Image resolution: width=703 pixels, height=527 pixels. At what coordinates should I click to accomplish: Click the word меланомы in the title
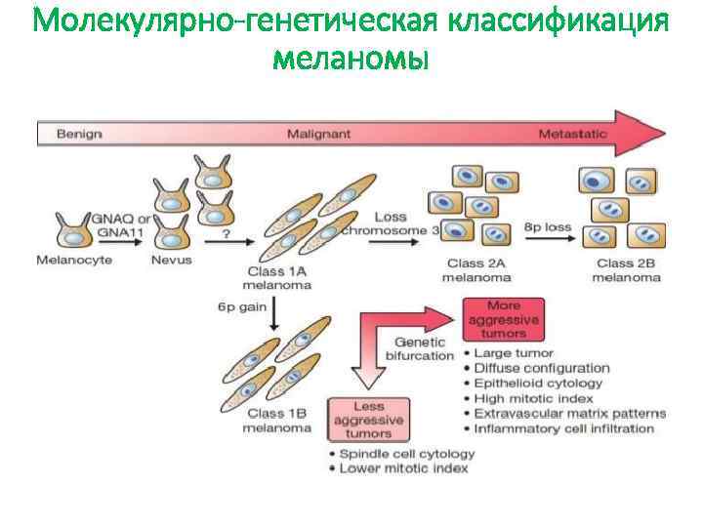pos(351,60)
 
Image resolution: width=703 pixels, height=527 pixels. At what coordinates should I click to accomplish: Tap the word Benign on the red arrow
pos(79,134)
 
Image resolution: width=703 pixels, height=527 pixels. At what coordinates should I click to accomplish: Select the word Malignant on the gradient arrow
pos(318,134)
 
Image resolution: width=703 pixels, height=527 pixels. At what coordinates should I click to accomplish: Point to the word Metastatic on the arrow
pos(572,134)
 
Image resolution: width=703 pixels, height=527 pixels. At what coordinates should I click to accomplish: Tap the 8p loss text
pos(548,226)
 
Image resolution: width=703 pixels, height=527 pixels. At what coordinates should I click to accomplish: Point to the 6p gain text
pos(241,307)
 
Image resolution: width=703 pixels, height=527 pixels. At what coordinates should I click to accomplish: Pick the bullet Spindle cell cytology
pos(406,453)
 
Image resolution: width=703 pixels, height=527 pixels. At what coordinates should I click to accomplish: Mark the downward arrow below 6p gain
pos(275,312)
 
